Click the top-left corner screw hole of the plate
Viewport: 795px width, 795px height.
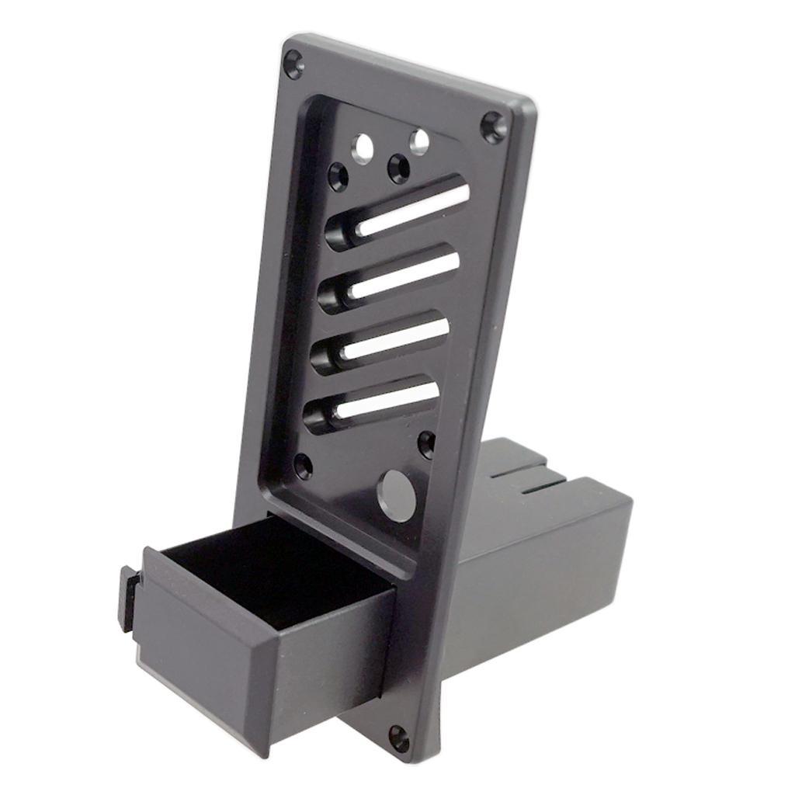point(293,64)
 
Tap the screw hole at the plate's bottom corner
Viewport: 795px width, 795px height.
point(399,738)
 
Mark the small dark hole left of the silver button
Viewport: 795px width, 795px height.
point(304,466)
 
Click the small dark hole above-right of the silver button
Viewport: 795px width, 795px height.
point(426,444)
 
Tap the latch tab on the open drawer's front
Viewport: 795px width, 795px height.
point(127,598)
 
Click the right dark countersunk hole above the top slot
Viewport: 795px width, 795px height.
point(399,168)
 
